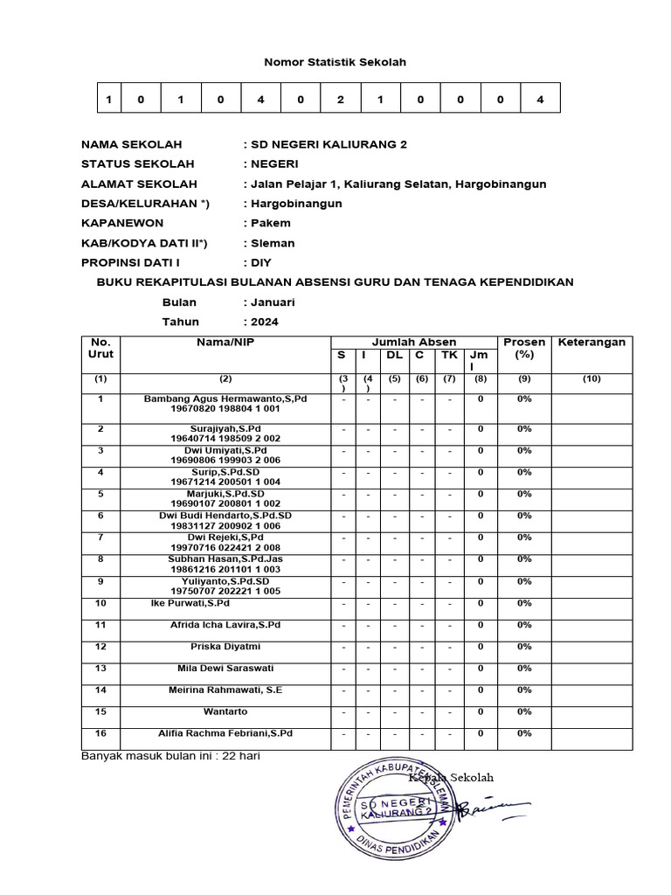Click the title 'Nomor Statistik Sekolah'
point(335,63)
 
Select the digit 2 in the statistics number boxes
point(341,100)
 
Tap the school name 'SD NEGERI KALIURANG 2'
point(328,144)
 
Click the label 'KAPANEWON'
point(122,223)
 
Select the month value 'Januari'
point(272,302)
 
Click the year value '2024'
point(266,322)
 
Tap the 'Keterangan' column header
point(591,343)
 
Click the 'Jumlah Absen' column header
point(414,343)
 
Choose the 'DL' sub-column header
point(394,356)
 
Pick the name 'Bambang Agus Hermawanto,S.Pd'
point(225,399)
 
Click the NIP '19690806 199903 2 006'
point(225,460)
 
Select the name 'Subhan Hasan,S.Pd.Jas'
point(225,559)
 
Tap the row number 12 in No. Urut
point(100,647)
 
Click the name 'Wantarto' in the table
point(225,712)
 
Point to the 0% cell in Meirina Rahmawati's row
point(524,690)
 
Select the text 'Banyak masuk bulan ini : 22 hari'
point(170,756)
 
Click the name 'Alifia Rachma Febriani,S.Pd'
point(225,734)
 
